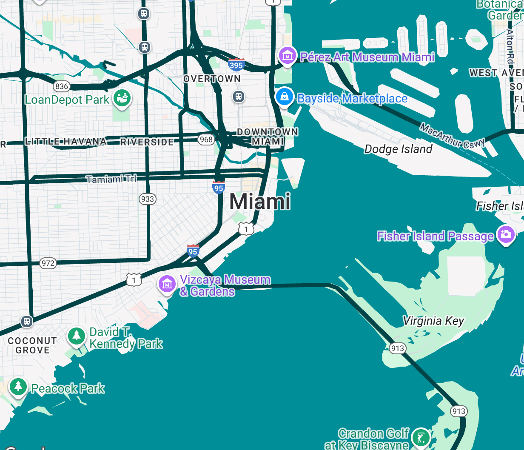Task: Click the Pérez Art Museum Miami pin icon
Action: point(288,55)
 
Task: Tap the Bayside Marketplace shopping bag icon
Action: point(285,97)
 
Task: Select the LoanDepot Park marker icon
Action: point(122,98)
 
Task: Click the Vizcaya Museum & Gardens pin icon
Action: point(167,284)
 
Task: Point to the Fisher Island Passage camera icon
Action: point(506,234)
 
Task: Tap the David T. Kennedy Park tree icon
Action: point(77,336)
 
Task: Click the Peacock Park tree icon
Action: point(18,387)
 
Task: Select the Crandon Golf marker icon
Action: point(421,437)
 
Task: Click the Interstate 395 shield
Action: point(236,65)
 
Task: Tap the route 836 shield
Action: point(62,86)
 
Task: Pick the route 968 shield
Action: point(206,139)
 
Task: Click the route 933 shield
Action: point(148,199)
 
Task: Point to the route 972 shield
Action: point(48,263)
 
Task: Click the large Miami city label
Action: point(260,201)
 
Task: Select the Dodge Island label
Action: point(398,149)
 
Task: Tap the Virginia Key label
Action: point(433,321)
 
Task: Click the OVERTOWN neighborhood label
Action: point(212,79)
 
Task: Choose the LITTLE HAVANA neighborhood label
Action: point(65,141)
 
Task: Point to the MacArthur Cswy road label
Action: point(452,136)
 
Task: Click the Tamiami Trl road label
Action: point(111,179)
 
